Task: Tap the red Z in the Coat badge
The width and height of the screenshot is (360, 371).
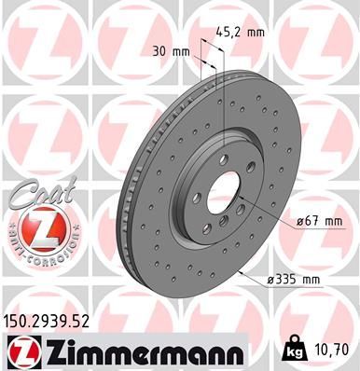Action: (x=35, y=227)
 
